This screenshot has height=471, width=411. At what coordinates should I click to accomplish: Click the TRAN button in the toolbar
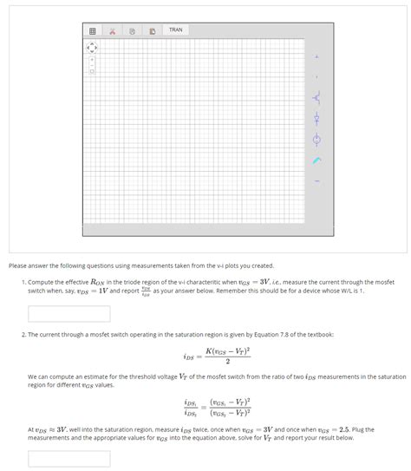pyautogui.click(x=176, y=29)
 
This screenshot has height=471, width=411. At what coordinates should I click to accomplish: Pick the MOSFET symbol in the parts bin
pyautogui.click(x=316, y=98)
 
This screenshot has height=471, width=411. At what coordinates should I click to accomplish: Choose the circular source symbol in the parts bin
pyautogui.click(x=316, y=139)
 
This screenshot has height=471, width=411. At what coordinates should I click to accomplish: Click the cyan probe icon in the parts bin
pyautogui.click(x=316, y=160)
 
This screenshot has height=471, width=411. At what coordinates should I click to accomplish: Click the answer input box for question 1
pyautogui.click(x=68, y=313)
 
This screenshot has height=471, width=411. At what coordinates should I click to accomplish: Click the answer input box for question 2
pyautogui.click(x=68, y=458)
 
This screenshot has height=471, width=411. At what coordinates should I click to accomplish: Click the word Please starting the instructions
pyautogui.click(x=19, y=265)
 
